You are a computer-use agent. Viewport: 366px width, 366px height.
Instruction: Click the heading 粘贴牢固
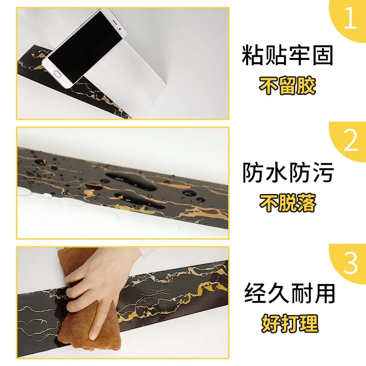pos(288,56)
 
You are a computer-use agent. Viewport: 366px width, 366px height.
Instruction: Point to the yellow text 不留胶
pos(288,86)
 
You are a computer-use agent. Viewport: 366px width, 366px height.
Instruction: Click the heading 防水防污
pos(288,173)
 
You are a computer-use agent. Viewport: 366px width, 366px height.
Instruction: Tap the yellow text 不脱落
pos(288,203)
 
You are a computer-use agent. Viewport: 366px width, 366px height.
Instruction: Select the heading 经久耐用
pos(288,293)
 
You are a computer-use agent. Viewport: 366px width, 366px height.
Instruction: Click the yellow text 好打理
pos(288,323)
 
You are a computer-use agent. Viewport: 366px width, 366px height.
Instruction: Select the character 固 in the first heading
pos(322,56)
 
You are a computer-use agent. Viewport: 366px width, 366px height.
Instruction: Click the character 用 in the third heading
pos(322,293)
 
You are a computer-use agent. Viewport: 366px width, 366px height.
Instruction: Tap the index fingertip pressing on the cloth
pos(93,334)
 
